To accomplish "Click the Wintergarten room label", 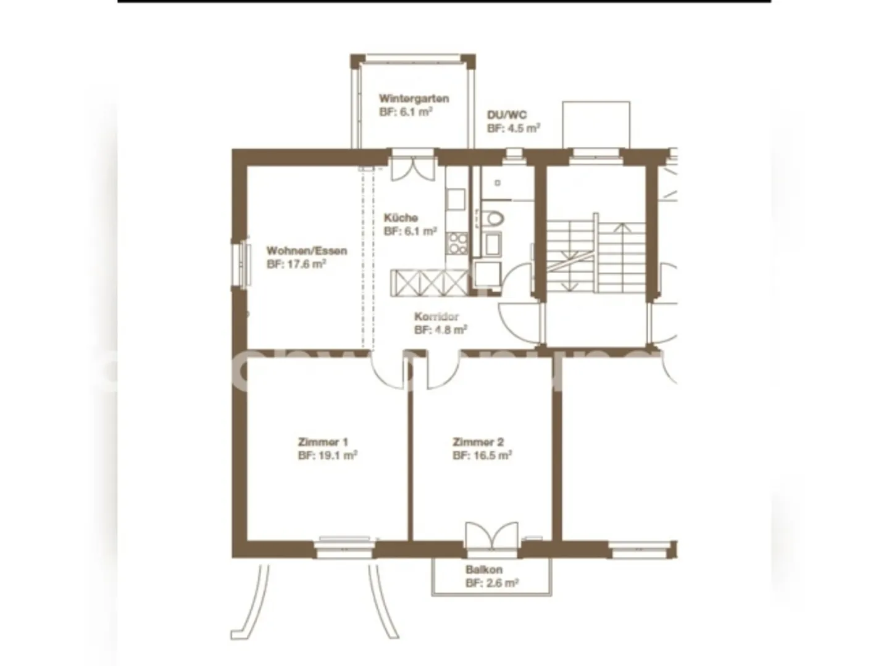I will (x=414, y=99).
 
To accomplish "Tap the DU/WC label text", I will (x=506, y=115).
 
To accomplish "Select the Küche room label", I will (x=401, y=218).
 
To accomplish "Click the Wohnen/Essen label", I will (x=306, y=251).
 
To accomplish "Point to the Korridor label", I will (x=436, y=316).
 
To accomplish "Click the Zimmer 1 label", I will (x=323, y=442).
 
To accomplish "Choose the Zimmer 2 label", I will (x=478, y=442).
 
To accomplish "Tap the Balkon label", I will (x=483, y=570).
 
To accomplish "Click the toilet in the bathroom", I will (x=494, y=218).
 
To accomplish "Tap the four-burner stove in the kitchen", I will (x=457, y=243).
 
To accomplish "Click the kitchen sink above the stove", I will (x=456, y=199).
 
